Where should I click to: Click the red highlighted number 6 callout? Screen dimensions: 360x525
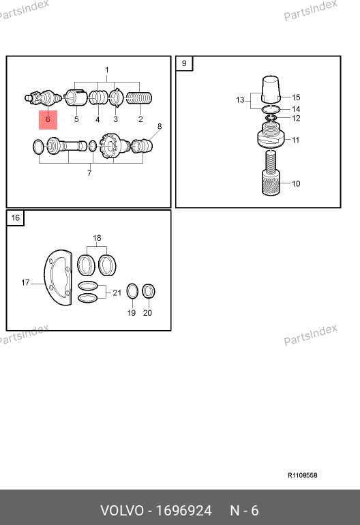point(48,119)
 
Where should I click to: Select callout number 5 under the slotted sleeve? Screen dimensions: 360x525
point(76,119)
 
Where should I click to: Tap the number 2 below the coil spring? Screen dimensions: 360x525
point(140,119)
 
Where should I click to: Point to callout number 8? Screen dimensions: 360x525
point(160,127)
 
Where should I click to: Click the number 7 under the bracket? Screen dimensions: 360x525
point(89,173)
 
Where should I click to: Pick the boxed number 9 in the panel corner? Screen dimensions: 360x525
point(184,63)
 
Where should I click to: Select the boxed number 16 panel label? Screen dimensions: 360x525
point(16,217)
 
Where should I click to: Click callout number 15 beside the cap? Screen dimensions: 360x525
point(296,97)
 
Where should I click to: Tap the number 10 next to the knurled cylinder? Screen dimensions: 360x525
point(296,183)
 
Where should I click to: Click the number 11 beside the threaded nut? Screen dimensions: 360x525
point(295,140)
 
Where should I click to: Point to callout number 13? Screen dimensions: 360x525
point(240,100)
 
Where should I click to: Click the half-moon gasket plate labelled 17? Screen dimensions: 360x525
point(58,277)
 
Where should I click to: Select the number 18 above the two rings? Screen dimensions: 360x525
point(97,238)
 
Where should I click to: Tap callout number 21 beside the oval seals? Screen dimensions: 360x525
point(117,292)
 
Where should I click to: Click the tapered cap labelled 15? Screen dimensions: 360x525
point(271,89)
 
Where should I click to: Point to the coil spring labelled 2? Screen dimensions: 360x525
point(139,98)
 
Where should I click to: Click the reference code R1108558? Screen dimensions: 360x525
point(303,475)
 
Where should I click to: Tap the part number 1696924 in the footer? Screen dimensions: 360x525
point(184,511)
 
